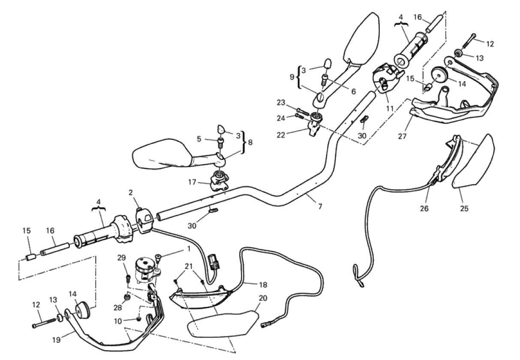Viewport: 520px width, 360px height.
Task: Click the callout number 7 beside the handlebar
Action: [320, 206]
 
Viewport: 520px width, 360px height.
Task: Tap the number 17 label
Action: [192, 182]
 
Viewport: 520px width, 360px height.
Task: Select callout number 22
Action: [281, 135]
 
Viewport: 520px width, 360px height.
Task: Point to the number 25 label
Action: [464, 209]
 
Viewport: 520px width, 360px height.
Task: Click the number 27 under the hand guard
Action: [402, 136]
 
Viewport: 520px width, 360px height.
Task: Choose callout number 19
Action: [57, 340]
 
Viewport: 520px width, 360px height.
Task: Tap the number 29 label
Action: [121, 258]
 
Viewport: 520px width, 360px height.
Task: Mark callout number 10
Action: [118, 321]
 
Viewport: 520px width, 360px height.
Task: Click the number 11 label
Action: [390, 108]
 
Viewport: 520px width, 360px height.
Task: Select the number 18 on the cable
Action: [263, 284]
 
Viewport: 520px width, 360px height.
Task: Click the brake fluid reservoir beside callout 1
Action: [144, 270]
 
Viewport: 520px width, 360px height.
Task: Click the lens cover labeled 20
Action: [223, 324]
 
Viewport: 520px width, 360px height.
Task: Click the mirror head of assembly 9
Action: [362, 38]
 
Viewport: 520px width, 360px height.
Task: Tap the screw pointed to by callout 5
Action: [220, 142]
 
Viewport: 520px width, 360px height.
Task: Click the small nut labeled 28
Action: [127, 297]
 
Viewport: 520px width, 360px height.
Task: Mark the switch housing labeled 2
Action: [144, 220]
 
